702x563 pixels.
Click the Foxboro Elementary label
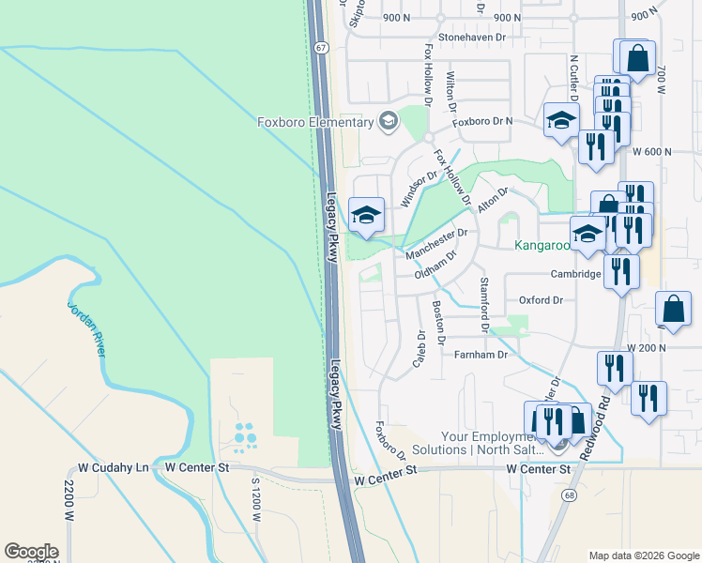[x=315, y=122]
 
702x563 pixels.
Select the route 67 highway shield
[x=322, y=47]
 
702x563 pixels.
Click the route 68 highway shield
[x=569, y=494]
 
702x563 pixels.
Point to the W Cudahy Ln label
[x=114, y=466]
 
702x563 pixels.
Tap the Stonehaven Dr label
[x=465, y=38]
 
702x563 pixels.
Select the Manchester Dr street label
[x=436, y=243]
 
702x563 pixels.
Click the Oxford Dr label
[x=541, y=300]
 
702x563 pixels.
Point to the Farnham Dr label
[x=481, y=355]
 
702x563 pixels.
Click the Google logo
[x=31, y=552]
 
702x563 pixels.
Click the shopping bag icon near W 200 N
[x=674, y=309]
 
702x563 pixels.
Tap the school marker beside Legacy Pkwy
[x=366, y=215]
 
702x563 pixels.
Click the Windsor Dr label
[x=420, y=188]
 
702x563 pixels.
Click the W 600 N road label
[x=653, y=151]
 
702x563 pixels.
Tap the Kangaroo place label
[x=542, y=246]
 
